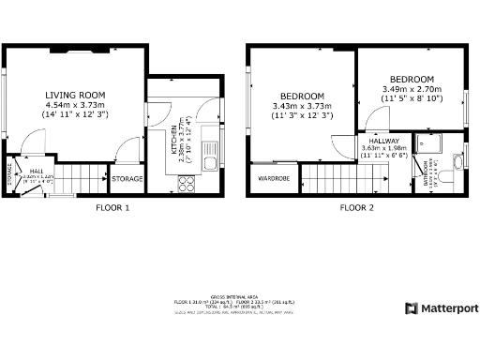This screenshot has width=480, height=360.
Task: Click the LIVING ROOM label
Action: [x=76, y=95]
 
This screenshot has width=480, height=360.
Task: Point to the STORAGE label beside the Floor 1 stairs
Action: [x=127, y=178]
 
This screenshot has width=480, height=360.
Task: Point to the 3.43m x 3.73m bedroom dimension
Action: [x=303, y=111]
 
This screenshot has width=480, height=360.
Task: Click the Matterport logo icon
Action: [x=411, y=308]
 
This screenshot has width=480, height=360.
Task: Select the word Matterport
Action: [x=448, y=308]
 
